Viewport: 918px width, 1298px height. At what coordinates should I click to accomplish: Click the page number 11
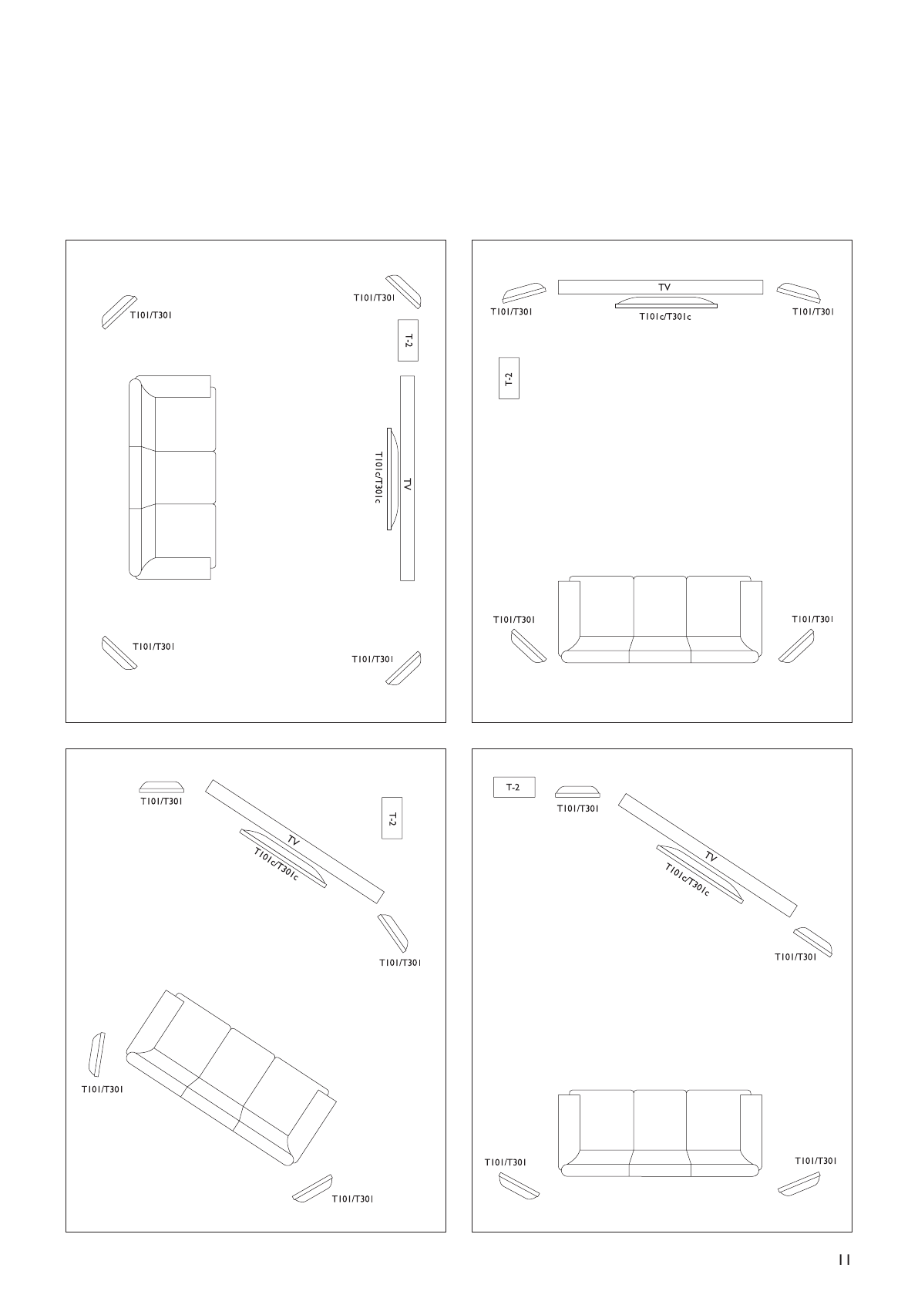pos(844,1259)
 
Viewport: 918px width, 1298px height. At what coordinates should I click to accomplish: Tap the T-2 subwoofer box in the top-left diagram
pos(408,340)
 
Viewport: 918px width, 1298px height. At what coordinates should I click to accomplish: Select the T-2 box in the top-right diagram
pos(509,378)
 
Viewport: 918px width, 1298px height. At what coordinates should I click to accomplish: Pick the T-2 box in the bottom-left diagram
pos(392,817)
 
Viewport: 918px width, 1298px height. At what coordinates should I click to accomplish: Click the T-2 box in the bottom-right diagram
pos(513,787)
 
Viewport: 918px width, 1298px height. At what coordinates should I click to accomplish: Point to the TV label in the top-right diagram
pos(664,287)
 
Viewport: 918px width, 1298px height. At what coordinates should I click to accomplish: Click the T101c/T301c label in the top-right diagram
pos(665,316)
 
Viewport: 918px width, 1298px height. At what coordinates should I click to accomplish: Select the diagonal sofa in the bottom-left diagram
pos(231,1076)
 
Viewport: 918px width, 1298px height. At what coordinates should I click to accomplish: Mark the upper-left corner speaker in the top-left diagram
pos(119,312)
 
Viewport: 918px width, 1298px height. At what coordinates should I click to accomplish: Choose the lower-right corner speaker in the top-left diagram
pos(403,667)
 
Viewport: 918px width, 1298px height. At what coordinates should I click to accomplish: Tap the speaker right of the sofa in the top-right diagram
pos(796,646)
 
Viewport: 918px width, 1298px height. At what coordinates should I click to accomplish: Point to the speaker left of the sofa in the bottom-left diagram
pos(97,1054)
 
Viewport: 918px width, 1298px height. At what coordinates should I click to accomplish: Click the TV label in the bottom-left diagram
pos(293,841)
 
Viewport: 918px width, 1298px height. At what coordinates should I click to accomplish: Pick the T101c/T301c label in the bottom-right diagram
pos(687,879)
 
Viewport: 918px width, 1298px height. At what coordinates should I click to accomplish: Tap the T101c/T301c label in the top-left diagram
pos(378,478)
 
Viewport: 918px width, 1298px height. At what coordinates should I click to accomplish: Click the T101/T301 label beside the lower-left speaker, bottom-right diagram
pos(506,1162)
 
